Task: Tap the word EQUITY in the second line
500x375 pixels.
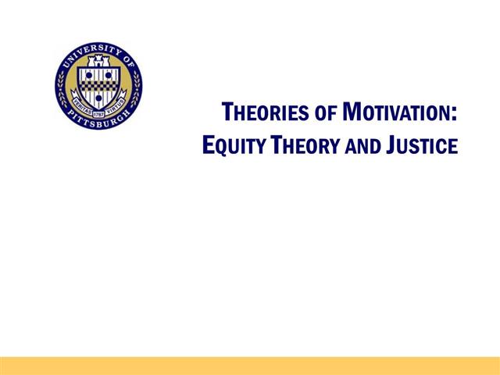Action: click(230, 145)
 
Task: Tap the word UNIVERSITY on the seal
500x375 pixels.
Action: click(87, 51)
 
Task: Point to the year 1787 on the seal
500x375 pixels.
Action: click(98, 100)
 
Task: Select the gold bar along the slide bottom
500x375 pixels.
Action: click(250, 366)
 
